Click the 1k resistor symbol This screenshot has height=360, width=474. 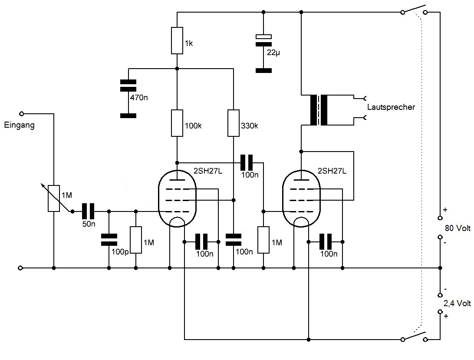click(x=177, y=40)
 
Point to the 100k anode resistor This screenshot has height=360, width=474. click(x=177, y=123)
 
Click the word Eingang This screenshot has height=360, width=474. click(x=19, y=126)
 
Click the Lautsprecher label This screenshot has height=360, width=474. click(x=391, y=107)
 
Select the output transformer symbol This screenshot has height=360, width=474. click(x=320, y=110)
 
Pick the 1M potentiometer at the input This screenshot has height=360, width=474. click(x=53, y=198)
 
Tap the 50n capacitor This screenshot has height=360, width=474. click(x=89, y=211)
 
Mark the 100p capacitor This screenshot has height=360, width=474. click(x=109, y=239)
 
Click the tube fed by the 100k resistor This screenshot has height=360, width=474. click(x=177, y=198)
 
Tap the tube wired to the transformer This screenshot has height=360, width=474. click(x=301, y=198)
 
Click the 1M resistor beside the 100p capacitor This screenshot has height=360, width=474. click(x=136, y=240)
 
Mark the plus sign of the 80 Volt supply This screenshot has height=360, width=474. click(x=445, y=209)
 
